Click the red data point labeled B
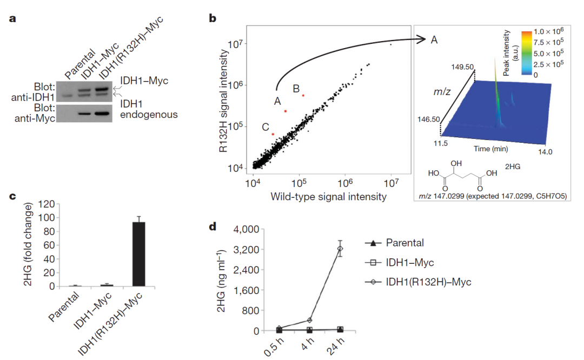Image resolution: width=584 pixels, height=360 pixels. pyautogui.click(x=303, y=95)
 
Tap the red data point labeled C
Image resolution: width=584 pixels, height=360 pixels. pyautogui.click(x=274, y=134)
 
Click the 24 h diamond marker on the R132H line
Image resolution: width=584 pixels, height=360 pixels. pyautogui.click(x=340, y=249)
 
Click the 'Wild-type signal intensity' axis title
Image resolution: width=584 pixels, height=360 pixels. pyautogui.click(x=328, y=196)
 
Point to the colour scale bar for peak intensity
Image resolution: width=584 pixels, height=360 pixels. pyautogui.click(x=526, y=55)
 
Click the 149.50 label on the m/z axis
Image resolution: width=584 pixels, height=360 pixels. pyautogui.click(x=462, y=67)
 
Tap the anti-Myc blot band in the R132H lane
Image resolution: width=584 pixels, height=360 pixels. pyautogui.click(x=102, y=114)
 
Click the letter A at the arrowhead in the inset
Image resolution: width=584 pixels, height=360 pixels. pyautogui.click(x=434, y=39)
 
